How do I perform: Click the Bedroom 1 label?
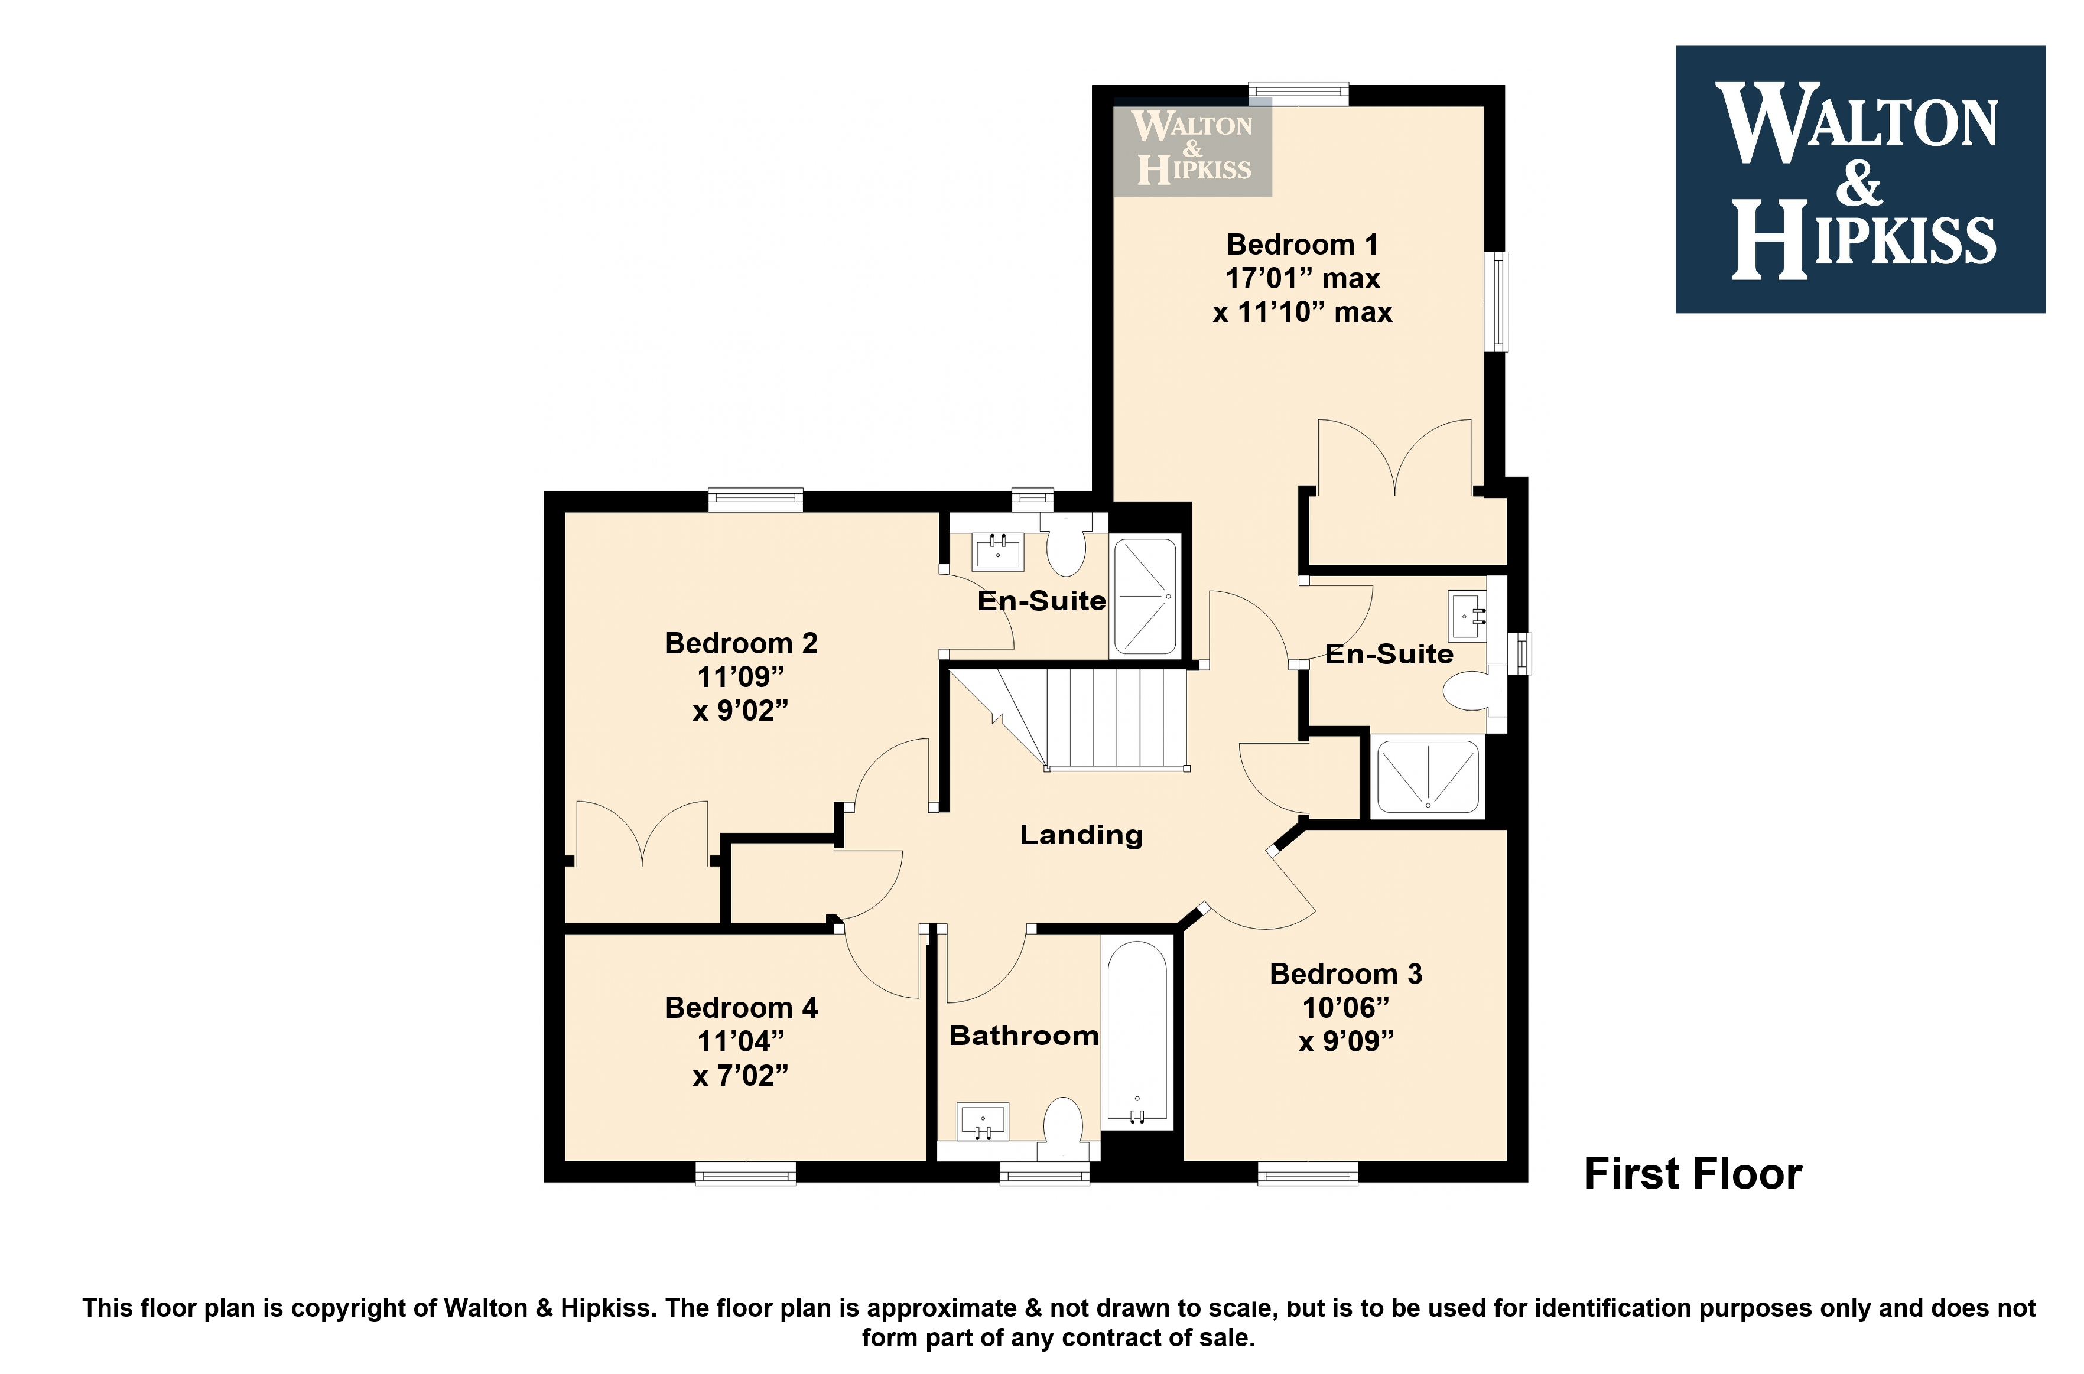pos(1302,245)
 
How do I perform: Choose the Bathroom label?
pos(1023,1035)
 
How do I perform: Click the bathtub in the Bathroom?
pos(1137,1034)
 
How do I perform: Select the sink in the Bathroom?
pos(983,1122)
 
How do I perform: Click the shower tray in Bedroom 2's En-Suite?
pos(1145,597)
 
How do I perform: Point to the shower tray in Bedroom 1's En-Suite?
pos(1427,776)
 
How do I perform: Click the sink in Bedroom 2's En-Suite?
pos(997,552)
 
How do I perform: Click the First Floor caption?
pos(1693,1173)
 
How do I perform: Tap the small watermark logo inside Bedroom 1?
pos(1192,147)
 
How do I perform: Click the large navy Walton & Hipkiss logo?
pos(1859,180)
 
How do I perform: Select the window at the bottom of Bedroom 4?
pos(746,1173)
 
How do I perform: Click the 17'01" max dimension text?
pos(1302,279)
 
